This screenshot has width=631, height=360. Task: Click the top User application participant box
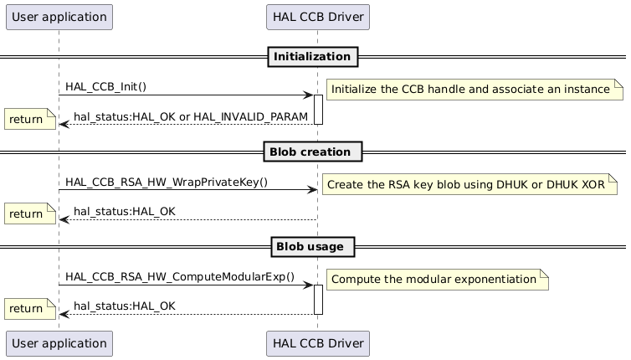click(x=59, y=17)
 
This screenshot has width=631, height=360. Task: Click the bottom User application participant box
click(x=59, y=342)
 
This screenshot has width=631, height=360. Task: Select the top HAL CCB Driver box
click(x=317, y=17)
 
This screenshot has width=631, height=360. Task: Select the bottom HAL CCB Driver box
click(x=317, y=342)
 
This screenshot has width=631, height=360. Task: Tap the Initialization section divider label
click(x=314, y=57)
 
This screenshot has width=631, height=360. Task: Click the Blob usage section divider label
click(x=314, y=247)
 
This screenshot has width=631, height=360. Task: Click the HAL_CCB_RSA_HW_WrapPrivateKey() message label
click(x=167, y=182)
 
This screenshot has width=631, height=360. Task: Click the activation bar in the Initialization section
click(x=318, y=110)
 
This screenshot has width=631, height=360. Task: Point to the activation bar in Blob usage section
click(x=318, y=300)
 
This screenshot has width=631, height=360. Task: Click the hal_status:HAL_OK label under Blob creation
click(x=125, y=211)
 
